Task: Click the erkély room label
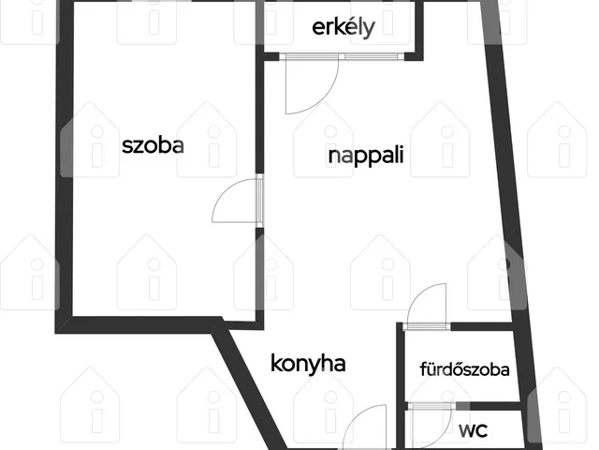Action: [x=343, y=27]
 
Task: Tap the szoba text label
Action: [x=153, y=146]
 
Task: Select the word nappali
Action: [x=366, y=157]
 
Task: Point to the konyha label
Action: [x=308, y=363]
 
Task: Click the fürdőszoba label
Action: [x=464, y=369]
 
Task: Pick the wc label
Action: [x=473, y=430]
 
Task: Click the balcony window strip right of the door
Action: [x=372, y=56]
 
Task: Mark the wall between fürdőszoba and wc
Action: [x=495, y=406]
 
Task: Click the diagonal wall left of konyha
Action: [x=249, y=387]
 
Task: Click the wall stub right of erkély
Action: [x=419, y=31]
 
